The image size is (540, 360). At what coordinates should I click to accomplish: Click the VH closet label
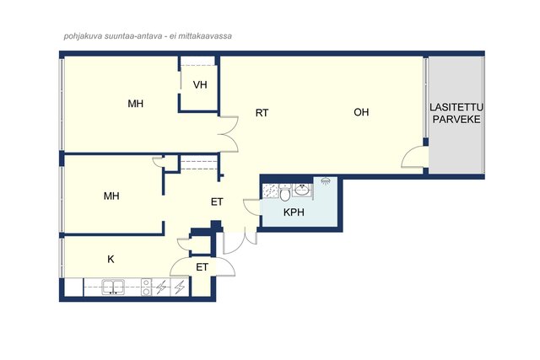pos(200,84)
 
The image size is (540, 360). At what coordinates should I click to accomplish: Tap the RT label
pos(262,113)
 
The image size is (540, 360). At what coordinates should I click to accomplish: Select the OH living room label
pos(361,112)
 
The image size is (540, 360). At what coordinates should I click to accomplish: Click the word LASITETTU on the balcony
pos(456,107)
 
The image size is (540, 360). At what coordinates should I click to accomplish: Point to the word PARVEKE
pos(456,120)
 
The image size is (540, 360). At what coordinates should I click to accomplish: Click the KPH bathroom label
pos(294,212)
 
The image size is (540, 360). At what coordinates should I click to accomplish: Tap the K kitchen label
pos(111,259)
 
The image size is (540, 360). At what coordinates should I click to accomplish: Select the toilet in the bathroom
pos(285,193)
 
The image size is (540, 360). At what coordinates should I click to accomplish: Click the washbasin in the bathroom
pos(302,190)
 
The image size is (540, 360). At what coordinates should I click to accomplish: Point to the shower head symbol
pos(325,181)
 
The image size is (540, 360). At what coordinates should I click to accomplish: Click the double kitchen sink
pos(113,287)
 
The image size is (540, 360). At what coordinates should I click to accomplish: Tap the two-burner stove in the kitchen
pos(146,287)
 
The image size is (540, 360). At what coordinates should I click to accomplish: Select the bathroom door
pos(251,206)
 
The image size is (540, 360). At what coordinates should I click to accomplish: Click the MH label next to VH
pos(135,104)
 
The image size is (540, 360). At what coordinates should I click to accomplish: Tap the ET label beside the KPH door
pos(217,202)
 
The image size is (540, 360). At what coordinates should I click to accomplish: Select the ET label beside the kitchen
pos(202,267)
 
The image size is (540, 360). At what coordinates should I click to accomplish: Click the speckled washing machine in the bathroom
pos(270,191)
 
